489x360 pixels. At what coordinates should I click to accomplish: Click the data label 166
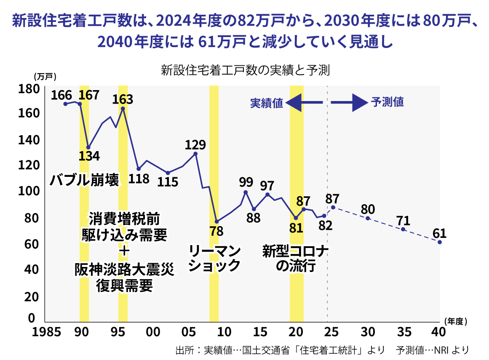coord(61,95)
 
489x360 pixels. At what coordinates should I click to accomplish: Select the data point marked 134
coord(88,147)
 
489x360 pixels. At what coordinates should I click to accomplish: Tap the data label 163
coord(123,99)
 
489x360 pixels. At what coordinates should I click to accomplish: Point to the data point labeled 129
coord(195,154)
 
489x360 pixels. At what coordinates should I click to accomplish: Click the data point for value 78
coord(216,221)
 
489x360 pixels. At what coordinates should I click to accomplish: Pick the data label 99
coord(246,182)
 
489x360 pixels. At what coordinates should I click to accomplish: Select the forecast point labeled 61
coord(440,242)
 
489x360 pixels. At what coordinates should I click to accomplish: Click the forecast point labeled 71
coord(403,229)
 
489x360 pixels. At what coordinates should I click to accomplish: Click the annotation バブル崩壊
coord(84,180)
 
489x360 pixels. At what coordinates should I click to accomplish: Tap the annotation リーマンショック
coord(214,258)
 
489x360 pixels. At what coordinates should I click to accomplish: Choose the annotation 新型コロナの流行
coord(295,259)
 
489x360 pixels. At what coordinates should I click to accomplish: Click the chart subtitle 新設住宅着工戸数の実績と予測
coord(245,70)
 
